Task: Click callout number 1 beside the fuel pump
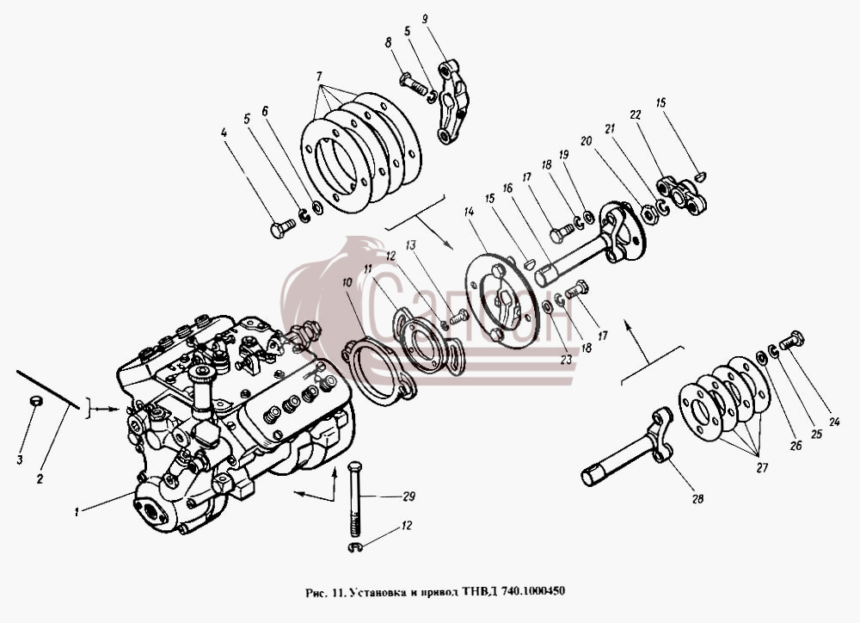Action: [x=77, y=512]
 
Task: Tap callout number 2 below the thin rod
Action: [x=40, y=479]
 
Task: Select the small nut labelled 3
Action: [x=34, y=402]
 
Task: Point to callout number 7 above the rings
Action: [x=319, y=77]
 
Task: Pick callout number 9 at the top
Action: [x=425, y=21]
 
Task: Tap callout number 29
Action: [x=408, y=497]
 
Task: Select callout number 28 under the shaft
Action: [x=697, y=499]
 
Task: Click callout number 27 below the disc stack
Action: [x=762, y=467]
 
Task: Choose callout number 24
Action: [x=834, y=423]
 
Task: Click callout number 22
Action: [x=636, y=114]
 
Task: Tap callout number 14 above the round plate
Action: [x=469, y=212]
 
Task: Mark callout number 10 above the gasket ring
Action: [x=347, y=283]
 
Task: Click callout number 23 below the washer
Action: [x=566, y=360]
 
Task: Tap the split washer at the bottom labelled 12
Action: [x=355, y=546]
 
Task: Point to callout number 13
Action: [x=411, y=244]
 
